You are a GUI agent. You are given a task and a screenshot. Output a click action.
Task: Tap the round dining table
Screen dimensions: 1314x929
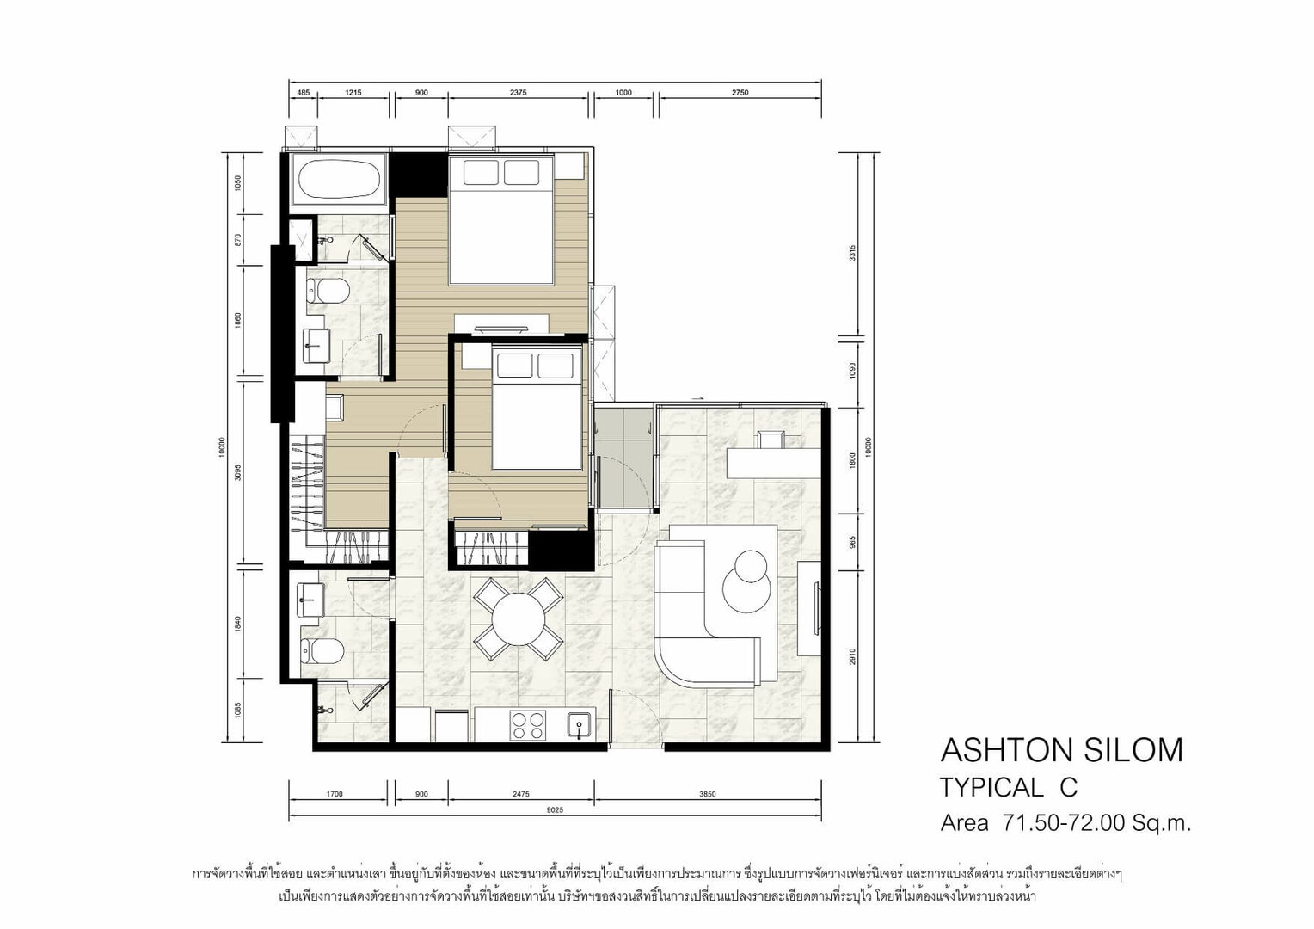519,619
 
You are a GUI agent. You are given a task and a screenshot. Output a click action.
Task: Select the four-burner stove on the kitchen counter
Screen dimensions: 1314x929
527,725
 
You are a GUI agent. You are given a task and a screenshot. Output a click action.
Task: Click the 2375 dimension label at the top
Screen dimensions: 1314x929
518,92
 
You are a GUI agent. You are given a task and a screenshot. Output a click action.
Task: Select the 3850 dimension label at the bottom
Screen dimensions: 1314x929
708,794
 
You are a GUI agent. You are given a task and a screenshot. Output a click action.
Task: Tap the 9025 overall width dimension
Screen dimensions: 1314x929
555,810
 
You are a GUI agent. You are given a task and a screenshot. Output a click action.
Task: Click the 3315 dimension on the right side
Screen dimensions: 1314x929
852,252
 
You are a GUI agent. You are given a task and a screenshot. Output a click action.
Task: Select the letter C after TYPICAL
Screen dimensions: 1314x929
1068,788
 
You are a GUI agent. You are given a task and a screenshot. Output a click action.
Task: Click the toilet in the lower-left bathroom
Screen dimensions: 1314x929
321,651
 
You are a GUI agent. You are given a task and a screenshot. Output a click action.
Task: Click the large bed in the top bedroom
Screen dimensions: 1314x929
501,219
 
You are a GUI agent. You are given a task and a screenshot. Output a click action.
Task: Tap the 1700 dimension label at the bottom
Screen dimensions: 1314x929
334,794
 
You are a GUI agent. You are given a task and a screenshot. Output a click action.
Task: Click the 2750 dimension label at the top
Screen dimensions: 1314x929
740,92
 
